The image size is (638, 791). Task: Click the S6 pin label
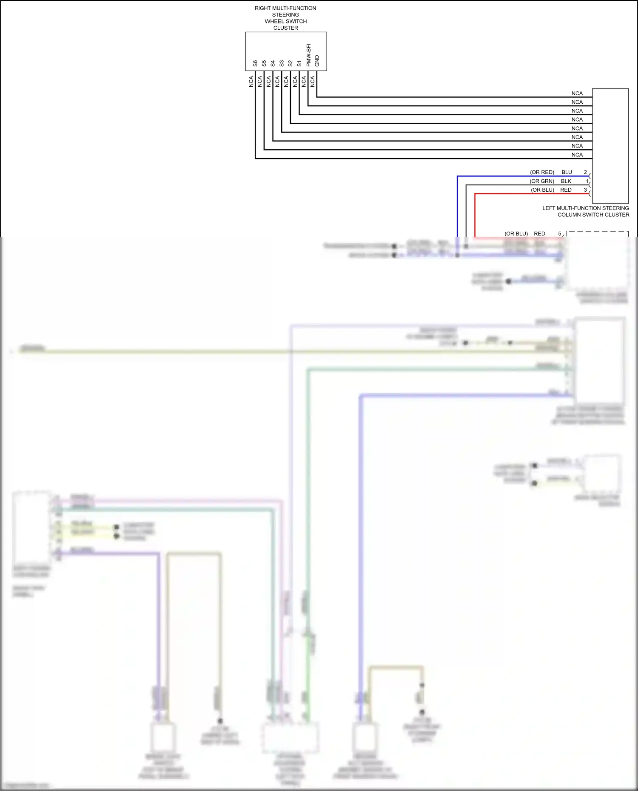255,63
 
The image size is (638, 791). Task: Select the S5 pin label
264,63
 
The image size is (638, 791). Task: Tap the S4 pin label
273,63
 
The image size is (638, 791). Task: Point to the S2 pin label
291,63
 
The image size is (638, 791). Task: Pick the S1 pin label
299,63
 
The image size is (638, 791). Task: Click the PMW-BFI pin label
308,55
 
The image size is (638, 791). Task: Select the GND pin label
317,61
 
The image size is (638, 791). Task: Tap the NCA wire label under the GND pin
313,81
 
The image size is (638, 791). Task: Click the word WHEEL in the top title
274,21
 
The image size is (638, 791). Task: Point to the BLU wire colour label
567,172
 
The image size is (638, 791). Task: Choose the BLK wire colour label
566,181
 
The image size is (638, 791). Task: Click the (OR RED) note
542,172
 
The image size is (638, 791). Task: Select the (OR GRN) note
542,181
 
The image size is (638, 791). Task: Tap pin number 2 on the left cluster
585,172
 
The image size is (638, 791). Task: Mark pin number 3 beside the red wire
585,190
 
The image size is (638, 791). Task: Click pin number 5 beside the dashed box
560,234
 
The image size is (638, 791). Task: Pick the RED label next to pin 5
539,234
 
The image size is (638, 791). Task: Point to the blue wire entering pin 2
523,176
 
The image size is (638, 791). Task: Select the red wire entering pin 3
532,194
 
